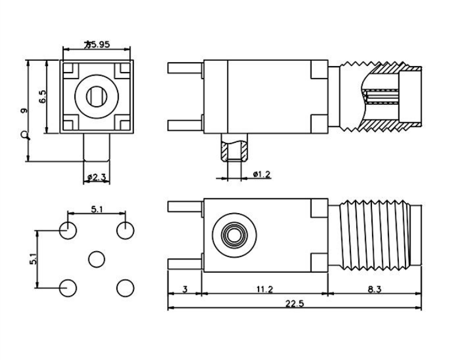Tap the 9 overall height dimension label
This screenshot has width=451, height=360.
[x=23, y=111]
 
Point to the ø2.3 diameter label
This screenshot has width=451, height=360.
[x=97, y=176]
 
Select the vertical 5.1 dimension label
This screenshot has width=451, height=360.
[x=33, y=259]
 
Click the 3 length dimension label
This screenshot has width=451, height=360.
[x=185, y=289]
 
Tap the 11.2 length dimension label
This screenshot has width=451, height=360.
[x=265, y=289]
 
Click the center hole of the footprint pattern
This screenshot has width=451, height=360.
[x=97, y=259]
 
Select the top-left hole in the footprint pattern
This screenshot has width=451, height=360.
[x=68, y=230]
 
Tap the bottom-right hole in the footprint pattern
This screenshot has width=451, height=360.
[x=125, y=287]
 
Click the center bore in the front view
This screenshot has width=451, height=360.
[x=97, y=96]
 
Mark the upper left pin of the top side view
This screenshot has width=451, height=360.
[x=185, y=67]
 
